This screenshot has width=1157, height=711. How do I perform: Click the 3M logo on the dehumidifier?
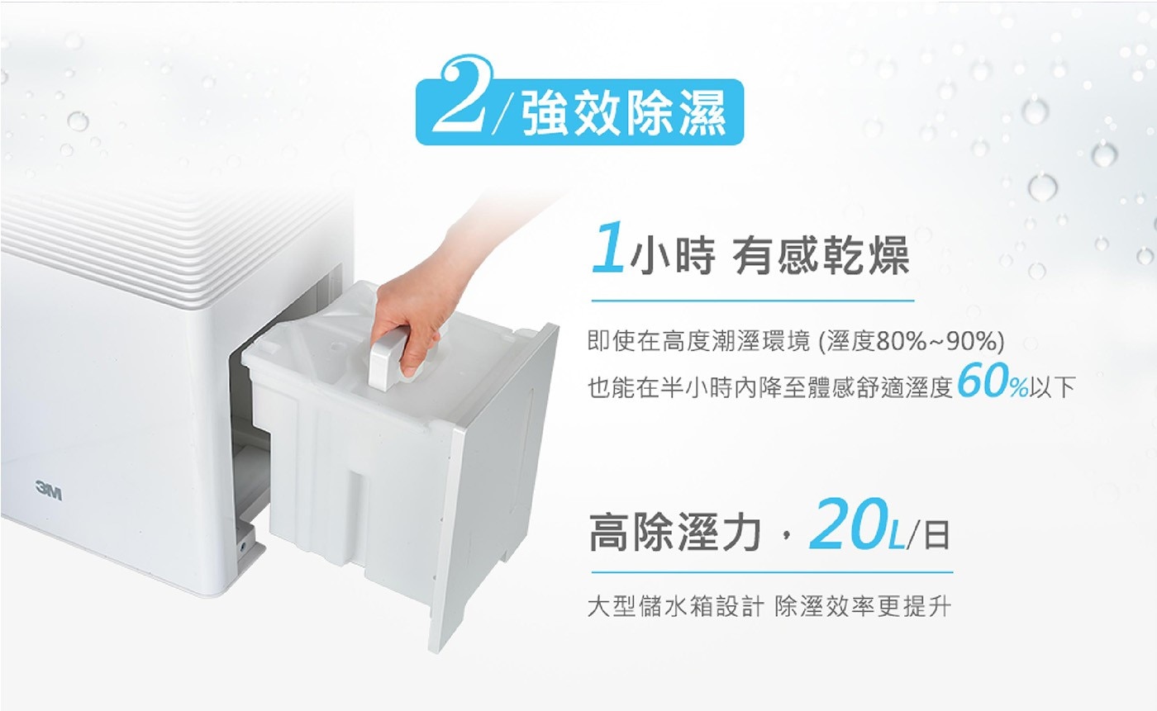(49, 491)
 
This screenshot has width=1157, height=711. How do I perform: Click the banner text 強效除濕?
(625, 113)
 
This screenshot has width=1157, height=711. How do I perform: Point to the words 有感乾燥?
(821, 256)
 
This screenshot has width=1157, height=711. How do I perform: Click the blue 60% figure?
(992, 382)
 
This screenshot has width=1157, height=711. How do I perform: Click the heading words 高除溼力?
(674, 533)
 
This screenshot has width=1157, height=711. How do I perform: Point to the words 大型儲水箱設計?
(675, 607)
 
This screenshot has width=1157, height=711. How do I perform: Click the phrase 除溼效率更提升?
(862, 607)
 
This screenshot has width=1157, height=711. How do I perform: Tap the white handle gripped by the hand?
(388, 361)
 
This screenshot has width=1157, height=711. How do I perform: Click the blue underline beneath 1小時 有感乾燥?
(753, 301)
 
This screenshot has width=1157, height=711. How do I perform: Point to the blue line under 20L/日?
(772, 572)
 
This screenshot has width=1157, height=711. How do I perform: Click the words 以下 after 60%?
(1052, 387)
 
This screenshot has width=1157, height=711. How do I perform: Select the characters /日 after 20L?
(929, 534)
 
